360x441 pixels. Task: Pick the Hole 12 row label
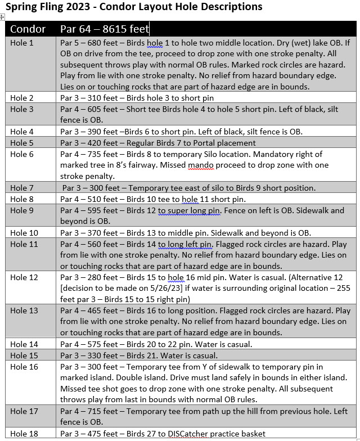click(x=24, y=277)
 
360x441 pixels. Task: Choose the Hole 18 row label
click(x=24, y=434)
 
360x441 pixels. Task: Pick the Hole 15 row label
click(x=24, y=355)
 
